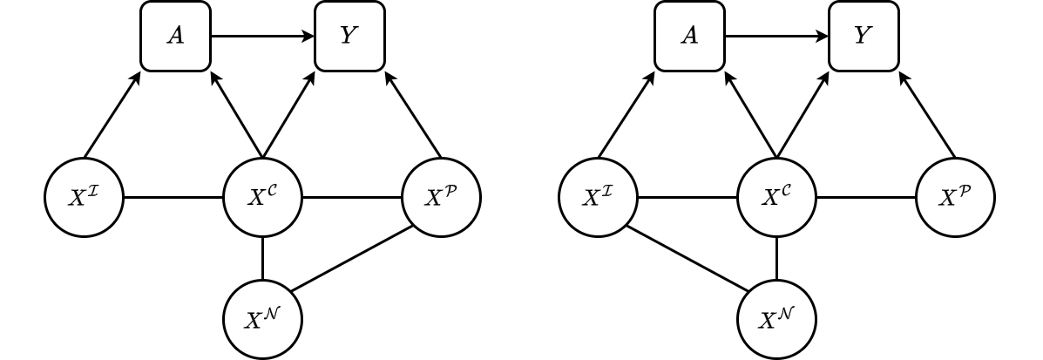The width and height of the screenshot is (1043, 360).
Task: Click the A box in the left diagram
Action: [x=176, y=37]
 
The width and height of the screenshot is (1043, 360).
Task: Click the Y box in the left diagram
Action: [x=350, y=37]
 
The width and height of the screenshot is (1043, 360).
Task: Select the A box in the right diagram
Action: [x=690, y=37]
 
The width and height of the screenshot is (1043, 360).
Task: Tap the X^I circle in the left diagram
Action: [x=85, y=198]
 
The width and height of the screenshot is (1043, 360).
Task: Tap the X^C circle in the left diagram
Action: [x=263, y=198]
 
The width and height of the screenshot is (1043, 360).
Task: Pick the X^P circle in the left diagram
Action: [x=441, y=198]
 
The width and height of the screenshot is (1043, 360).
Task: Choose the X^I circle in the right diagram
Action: [x=598, y=198]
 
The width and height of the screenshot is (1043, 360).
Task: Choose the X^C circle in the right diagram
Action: [x=776, y=198]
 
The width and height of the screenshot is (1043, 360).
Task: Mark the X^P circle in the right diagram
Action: [x=955, y=198]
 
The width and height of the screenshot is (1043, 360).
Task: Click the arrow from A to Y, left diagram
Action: [x=262, y=37]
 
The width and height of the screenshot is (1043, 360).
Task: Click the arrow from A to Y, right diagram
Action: [x=775, y=37]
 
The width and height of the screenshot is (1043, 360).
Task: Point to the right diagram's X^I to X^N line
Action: [x=687, y=259]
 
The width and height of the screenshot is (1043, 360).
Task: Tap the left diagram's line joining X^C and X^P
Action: [x=352, y=198]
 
